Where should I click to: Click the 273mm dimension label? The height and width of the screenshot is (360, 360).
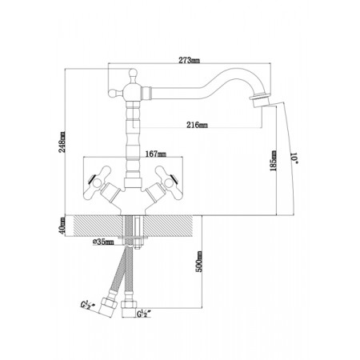[x=189, y=61]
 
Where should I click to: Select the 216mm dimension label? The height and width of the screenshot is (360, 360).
[x=198, y=125]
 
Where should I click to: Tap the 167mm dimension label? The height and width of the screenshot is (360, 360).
[x=156, y=154]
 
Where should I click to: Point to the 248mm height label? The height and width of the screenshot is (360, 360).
[x=62, y=142]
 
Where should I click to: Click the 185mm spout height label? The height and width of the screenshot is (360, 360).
[x=274, y=161]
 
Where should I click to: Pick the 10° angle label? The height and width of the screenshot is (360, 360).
[x=294, y=158]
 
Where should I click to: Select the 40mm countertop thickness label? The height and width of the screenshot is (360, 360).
[x=62, y=226]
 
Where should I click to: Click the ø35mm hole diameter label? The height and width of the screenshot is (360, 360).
[x=103, y=242]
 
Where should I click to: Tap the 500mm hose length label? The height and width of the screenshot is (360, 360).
[x=199, y=262]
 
